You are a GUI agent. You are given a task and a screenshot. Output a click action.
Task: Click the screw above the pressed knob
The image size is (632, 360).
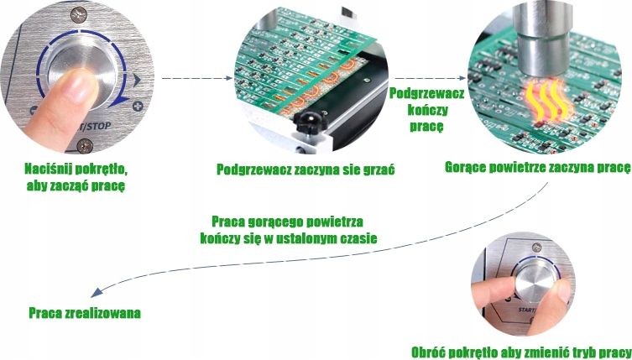[79, 15]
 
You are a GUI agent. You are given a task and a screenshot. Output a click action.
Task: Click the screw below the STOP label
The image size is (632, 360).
[85, 145]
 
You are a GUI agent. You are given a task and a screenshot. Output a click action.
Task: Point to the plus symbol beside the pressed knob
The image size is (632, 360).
[138, 107]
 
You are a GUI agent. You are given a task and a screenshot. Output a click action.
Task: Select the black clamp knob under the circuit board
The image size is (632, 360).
[311, 122]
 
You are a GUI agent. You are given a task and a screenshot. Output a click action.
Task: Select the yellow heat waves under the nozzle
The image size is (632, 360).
[548, 100]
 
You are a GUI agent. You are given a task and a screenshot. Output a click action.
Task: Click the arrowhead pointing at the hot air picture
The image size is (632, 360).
[461, 78]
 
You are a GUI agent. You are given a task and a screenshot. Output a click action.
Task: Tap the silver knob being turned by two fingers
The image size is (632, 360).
[535, 281]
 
